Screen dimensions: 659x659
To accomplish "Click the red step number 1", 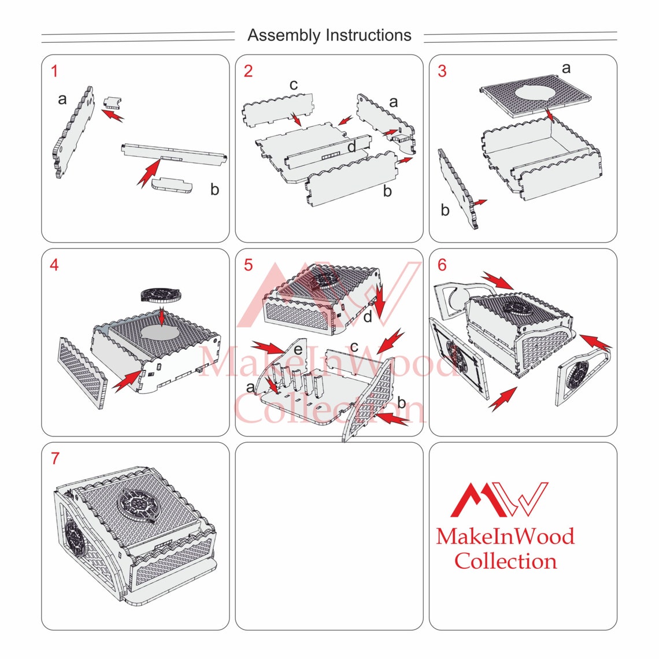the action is point(54,71).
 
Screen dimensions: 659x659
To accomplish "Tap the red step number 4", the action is point(54,265).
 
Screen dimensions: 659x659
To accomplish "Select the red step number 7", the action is point(55,458).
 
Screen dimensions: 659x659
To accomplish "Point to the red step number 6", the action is point(442,265).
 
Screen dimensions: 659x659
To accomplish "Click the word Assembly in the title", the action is point(284,35).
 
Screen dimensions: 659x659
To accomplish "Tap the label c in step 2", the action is point(294,85).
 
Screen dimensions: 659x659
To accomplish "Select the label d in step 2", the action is point(352,146).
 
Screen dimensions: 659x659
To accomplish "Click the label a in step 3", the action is point(566,68).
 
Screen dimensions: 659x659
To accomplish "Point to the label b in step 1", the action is point(215,189).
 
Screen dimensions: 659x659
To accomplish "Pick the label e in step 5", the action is point(298,349).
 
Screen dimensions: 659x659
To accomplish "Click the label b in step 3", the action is point(445,210).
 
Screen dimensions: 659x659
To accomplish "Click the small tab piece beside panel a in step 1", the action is point(113,102).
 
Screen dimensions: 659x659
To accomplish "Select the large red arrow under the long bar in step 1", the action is point(149,173).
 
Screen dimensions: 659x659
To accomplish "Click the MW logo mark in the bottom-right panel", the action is point(499,499).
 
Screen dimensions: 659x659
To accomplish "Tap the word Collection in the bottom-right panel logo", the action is point(506,561).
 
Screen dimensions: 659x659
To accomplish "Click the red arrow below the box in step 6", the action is point(503,398).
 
